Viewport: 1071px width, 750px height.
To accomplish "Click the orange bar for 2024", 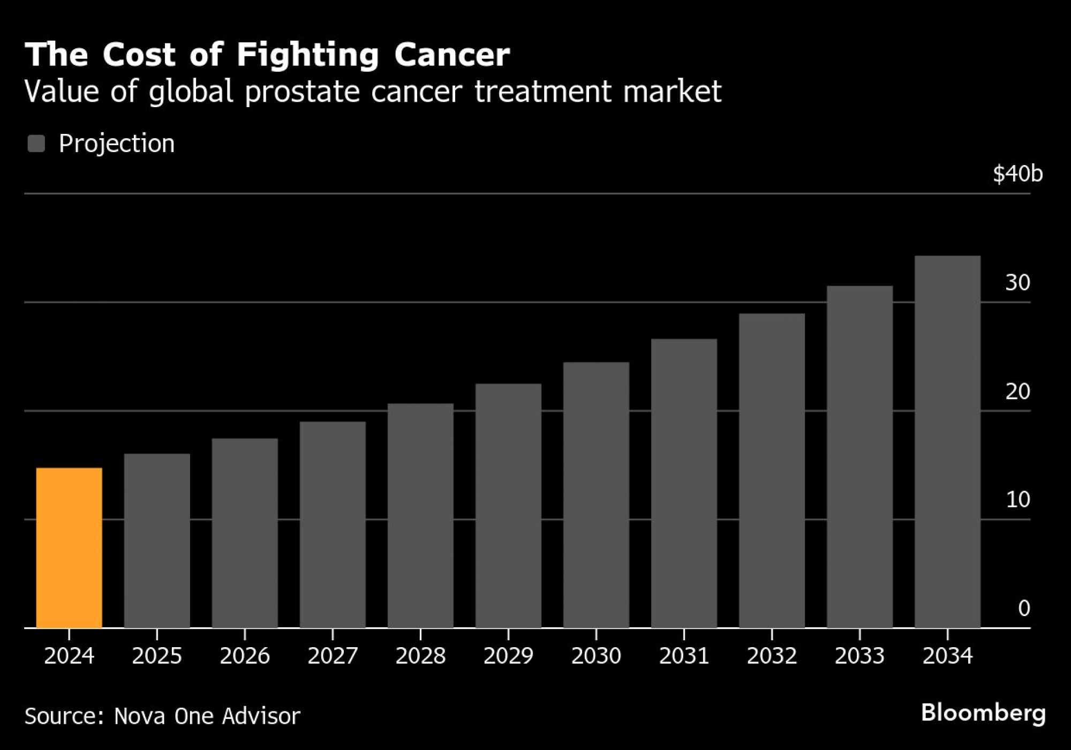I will click(69, 547).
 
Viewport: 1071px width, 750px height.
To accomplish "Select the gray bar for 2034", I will click(947, 442).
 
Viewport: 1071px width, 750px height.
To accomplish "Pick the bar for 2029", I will click(508, 506).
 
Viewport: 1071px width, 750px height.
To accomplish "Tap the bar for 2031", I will click(684, 483).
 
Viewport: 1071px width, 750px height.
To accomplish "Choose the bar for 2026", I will click(245, 533).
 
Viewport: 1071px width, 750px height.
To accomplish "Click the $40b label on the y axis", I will click(1017, 174).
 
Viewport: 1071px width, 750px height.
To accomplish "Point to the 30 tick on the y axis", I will click(1017, 283).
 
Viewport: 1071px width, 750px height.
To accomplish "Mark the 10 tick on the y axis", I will click(1018, 500).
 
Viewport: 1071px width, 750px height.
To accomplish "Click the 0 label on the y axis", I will click(1024, 609).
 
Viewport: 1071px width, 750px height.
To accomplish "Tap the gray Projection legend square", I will click(36, 144).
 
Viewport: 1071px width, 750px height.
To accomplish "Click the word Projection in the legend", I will click(117, 144).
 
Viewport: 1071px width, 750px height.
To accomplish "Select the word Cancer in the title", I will click(452, 55).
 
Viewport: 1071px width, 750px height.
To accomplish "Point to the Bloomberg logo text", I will click(983, 713).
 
